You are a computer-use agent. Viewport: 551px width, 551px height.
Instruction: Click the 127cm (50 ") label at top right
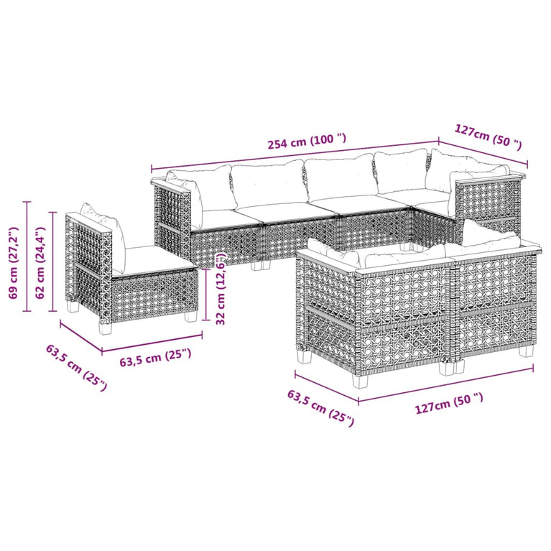488,136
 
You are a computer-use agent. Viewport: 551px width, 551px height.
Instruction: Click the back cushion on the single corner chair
101,218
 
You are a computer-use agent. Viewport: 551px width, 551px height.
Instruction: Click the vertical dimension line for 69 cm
27,256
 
